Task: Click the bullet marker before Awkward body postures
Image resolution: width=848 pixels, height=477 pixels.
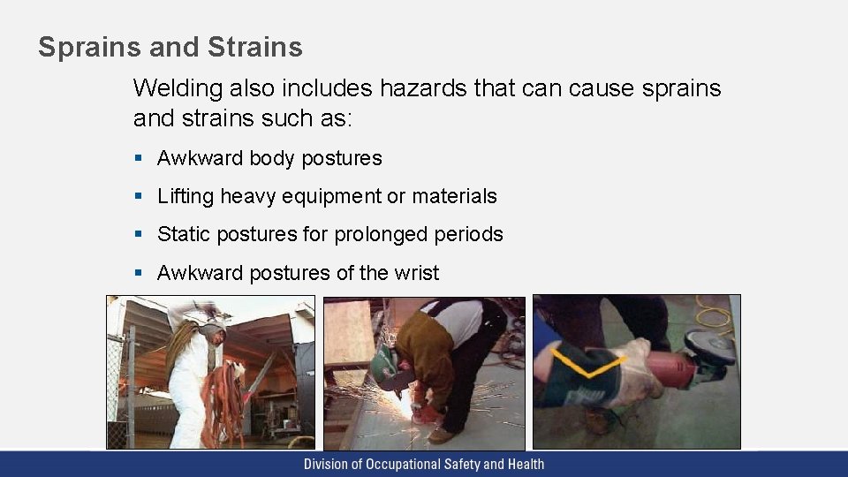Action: (x=138, y=159)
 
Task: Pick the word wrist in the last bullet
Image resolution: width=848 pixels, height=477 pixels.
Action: (x=414, y=273)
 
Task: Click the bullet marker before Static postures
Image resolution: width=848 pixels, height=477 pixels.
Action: (x=138, y=235)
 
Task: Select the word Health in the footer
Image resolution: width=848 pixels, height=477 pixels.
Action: (x=525, y=464)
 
